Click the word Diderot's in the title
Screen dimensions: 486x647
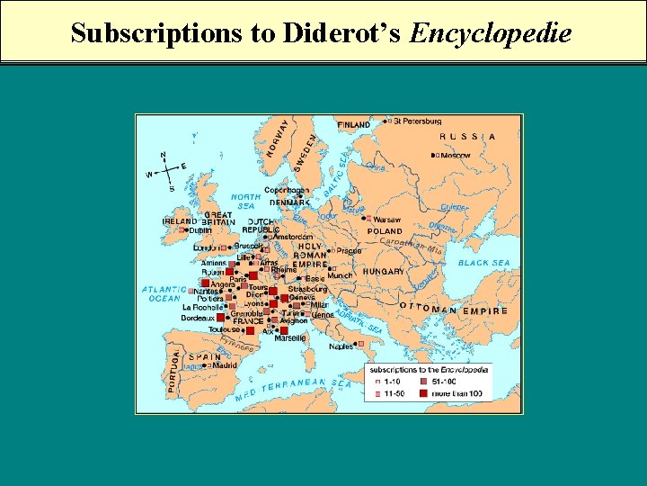(x=342, y=33)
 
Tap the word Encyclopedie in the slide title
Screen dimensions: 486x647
(x=490, y=34)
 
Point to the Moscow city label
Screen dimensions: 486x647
(x=455, y=155)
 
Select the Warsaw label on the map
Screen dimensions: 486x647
(x=386, y=220)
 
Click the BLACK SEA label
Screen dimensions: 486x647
(x=483, y=263)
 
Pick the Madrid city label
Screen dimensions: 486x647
(x=225, y=365)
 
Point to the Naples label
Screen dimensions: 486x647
(x=341, y=346)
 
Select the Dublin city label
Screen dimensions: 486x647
(x=199, y=229)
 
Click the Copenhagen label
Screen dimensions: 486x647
(x=287, y=190)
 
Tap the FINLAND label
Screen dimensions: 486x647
(x=353, y=124)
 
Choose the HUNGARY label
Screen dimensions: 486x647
(x=383, y=271)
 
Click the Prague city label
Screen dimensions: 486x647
(x=349, y=251)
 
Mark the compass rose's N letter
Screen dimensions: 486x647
(x=163, y=155)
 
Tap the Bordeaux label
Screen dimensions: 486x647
(x=197, y=318)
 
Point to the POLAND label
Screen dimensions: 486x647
(x=385, y=231)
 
